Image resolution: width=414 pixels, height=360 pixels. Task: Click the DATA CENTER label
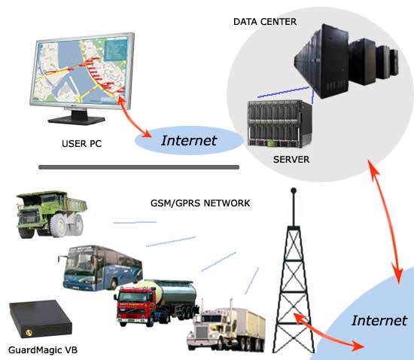265,22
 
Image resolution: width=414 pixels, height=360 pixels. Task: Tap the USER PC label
81,144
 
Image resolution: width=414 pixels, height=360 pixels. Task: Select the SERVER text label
291,160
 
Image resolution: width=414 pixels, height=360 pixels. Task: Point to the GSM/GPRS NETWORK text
200,203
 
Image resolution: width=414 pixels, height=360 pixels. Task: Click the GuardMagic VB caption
43,350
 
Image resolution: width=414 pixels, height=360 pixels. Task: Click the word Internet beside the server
189,141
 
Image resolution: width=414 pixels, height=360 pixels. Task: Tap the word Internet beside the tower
379,321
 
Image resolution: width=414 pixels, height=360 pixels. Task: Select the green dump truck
51,214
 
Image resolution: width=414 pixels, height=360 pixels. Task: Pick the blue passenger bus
100,268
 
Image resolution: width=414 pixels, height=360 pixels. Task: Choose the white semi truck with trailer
226,325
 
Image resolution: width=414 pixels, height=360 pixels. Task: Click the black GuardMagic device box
40,319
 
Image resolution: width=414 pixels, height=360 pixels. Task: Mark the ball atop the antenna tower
294,191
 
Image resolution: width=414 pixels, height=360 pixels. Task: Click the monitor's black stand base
76,120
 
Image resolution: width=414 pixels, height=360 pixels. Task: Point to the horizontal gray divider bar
139,167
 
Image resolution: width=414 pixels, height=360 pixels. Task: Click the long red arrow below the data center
386,221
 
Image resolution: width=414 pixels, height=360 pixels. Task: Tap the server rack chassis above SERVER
279,124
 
